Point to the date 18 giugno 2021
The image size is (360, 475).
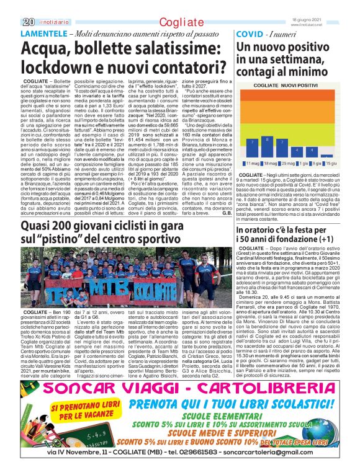336,4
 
